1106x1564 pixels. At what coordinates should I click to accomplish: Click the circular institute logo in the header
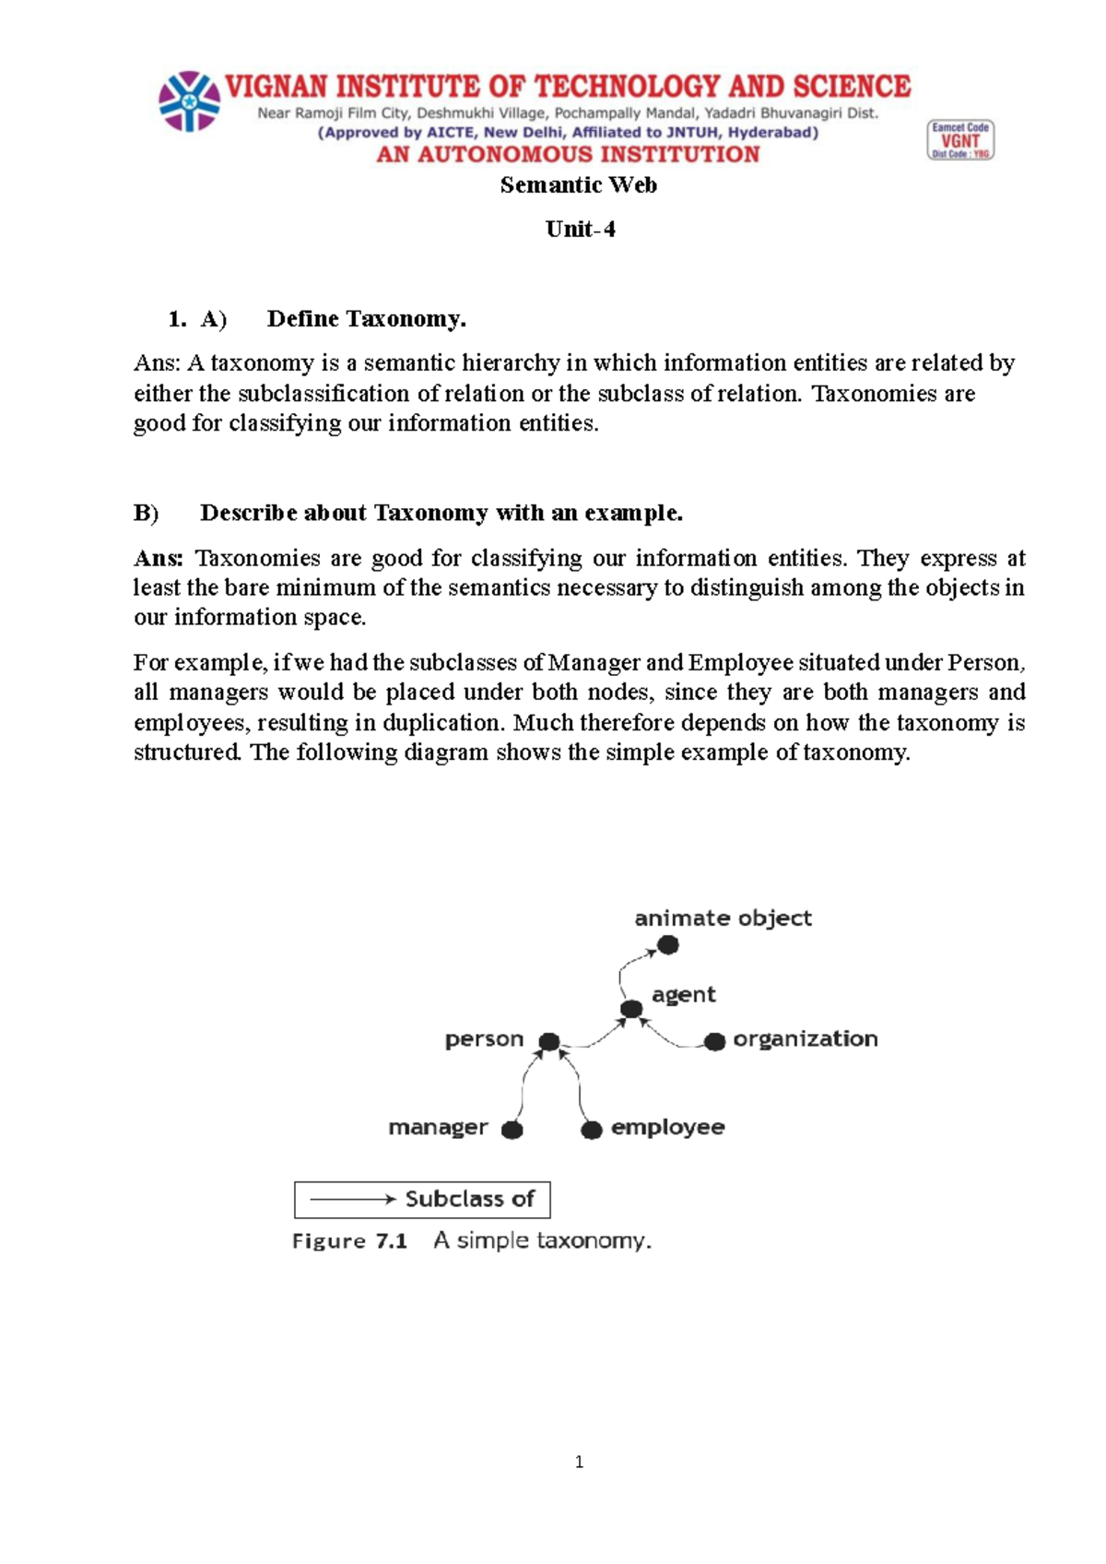[x=189, y=101]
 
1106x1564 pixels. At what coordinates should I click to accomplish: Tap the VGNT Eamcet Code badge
[x=960, y=140]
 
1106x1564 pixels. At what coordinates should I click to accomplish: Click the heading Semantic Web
[x=578, y=185]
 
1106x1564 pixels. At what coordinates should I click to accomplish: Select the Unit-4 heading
[x=580, y=230]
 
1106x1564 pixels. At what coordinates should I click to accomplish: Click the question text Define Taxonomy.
[x=366, y=319]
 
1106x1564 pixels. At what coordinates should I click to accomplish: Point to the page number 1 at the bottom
[x=579, y=1462]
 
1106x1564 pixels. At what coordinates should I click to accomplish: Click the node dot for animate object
[x=668, y=944]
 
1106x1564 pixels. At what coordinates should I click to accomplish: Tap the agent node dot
[x=631, y=1009]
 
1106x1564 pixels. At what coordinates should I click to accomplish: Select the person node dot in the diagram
[x=549, y=1042]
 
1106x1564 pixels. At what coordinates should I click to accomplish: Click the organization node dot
[x=714, y=1042]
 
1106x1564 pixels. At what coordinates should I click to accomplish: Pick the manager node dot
[x=512, y=1130]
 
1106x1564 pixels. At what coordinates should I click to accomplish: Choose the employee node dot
[x=592, y=1130]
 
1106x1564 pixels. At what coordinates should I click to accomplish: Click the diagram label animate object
[x=723, y=918]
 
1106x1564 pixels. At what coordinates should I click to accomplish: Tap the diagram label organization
[x=805, y=1039]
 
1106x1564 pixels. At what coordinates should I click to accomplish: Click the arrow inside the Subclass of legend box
[x=352, y=1199]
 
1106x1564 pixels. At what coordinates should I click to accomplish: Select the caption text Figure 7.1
[x=349, y=1241]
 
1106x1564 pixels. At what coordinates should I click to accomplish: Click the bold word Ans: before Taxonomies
[x=159, y=559]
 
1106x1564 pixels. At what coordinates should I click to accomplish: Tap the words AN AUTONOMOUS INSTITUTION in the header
[x=568, y=155]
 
